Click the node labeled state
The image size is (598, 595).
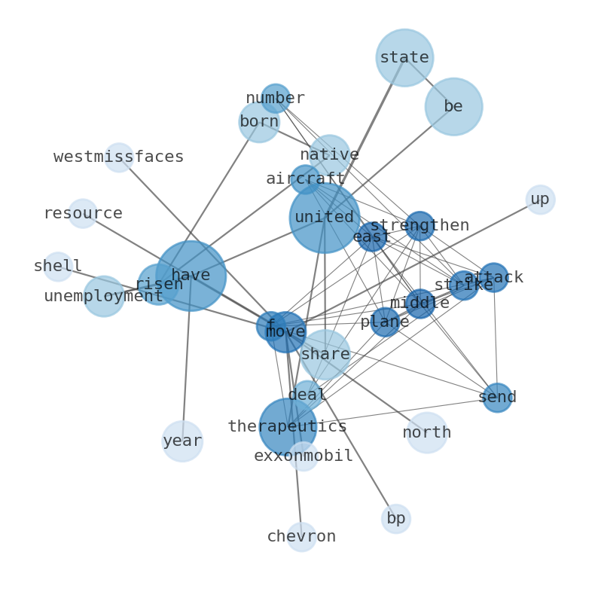pos(404,57)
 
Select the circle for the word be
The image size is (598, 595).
pos(453,107)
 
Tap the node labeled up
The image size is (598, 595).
pos(540,200)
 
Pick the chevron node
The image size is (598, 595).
pos(301,537)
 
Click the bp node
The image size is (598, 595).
pos(395,519)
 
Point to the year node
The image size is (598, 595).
pos(182,441)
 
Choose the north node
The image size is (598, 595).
pos(427,433)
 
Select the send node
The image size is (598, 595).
pos(497,398)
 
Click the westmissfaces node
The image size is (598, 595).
pos(119,157)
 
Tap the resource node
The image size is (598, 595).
pos(82,214)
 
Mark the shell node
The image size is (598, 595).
pos(58,267)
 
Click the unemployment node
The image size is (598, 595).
pos(103,296)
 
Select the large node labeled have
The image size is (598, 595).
pos(191,276)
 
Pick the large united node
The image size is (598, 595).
pos(325,218)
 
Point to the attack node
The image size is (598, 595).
pos(493,278)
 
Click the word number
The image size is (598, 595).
pos(276,99)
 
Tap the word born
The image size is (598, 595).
pos(259,122)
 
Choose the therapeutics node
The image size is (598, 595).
pos(288,427)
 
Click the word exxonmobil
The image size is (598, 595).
pos(304,456)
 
